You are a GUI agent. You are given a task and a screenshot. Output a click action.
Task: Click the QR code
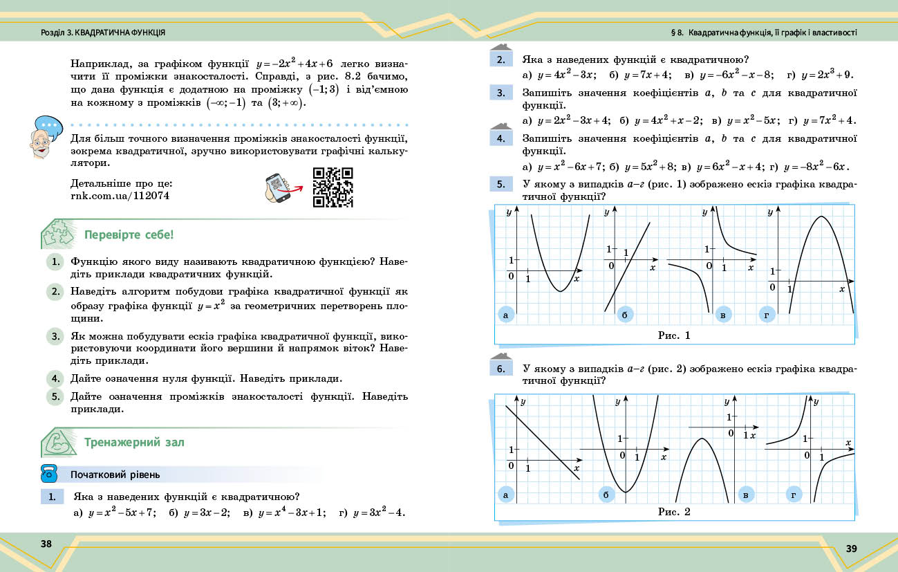[333, 187]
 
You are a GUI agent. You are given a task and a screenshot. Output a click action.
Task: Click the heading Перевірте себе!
[129, 234]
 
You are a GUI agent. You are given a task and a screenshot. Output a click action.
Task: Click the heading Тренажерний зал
[134, 442]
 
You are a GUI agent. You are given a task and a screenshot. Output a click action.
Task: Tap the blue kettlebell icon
[48, 474]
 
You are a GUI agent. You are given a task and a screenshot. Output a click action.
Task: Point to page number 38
[46, 544]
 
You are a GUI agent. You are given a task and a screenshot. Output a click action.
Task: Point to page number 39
[851, 548]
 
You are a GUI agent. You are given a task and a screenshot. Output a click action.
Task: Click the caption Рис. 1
[674, 335]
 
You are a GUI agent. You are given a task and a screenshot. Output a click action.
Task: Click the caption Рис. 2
[674, 512]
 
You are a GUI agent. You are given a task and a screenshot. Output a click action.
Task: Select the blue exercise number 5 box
[500, 184]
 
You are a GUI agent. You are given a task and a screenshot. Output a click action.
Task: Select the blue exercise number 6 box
[500, 369]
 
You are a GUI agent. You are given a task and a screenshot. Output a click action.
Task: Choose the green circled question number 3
[55, 336]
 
